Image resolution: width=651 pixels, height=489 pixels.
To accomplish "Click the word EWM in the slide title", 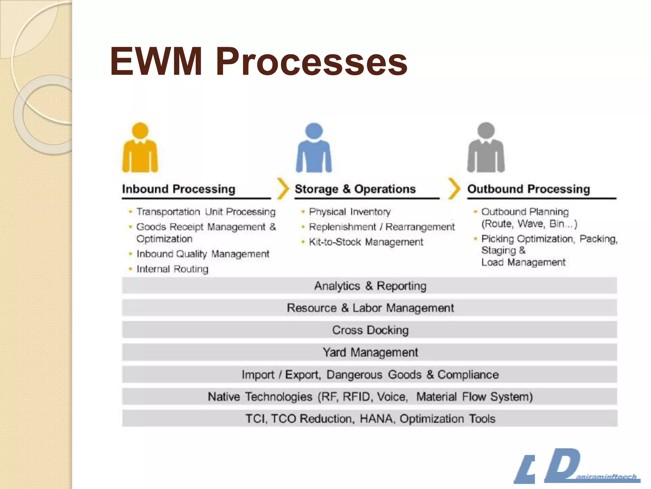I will pyautogui.click(x=156, y=61).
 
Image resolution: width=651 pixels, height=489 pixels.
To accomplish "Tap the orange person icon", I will pyautogui.click(x=140, y=148).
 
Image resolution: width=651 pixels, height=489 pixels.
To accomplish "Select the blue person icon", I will pyautogui.click(x=314, y=148).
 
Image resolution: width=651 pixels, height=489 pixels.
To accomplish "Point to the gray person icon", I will pyautogui.click(x=486, y=148).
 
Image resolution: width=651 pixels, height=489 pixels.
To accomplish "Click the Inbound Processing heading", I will pyautogui.click(x=179, y=189).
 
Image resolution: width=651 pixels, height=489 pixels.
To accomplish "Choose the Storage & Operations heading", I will pyautogui.click(x=355, y=189).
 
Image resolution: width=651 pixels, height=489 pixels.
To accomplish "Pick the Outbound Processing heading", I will pyautogui.click(x=529, y=189).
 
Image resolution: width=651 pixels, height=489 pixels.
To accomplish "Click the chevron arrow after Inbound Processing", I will pyautogui.click(x=283, y=189).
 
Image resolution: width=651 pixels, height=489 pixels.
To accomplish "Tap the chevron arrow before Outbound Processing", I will pyautogui.click(x=454, y=189).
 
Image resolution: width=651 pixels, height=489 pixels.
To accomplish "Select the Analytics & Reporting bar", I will pyautogui.click(x=370, y=286).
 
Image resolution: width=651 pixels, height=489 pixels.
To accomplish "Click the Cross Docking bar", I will pyautogui.click(x=370, y=330).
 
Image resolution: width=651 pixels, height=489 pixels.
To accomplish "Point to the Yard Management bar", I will pyautogui.click(x=370, y=352).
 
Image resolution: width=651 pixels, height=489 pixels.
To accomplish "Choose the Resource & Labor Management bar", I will pyautogui.click(x=370, y=308).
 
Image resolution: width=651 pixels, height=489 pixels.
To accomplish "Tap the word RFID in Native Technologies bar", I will pyautogui.click(x=357, y=397).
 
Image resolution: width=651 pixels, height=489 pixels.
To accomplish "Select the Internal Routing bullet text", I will pyautogui.click(x=172, y=269).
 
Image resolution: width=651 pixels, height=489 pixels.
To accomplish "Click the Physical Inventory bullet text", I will pyautogui.click(x=350, y=212).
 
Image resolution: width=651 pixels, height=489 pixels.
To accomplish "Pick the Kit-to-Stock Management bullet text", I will pyautogui.click(x=366, y=242).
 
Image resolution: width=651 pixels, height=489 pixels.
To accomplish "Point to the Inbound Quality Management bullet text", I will pyautogui.click(x=203, y=254).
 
